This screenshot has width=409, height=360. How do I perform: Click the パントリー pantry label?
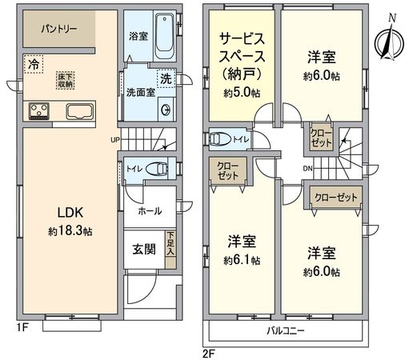point(56,28)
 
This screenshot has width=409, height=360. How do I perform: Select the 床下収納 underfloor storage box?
point(66,80)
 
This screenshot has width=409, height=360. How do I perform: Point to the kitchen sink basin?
point(79,110)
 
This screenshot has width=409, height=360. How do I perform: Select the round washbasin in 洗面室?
point(165,110)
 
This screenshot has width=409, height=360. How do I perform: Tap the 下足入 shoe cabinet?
point(170,242)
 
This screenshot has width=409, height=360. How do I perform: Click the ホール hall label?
point(150,211)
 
